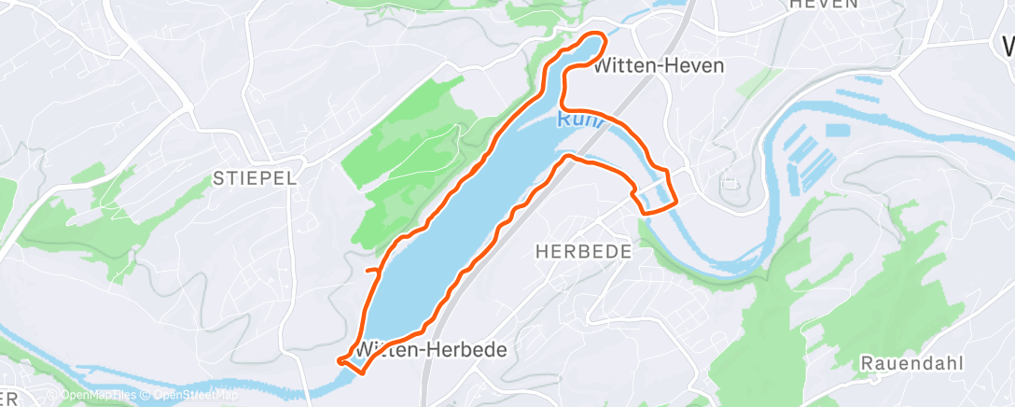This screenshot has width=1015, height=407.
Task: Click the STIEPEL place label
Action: (x=255, y=178)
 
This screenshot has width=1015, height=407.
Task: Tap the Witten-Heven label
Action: (x=659, y=66)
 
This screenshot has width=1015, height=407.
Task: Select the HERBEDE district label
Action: (x=584, y=251)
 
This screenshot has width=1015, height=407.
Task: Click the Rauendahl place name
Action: (x=912, y=362)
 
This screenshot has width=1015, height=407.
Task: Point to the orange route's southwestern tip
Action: (x=343, y=358)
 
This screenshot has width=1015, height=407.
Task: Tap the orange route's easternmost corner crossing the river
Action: (x=674, y=199)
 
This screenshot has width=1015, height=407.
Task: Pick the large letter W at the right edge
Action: (x=1007, y=47)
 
